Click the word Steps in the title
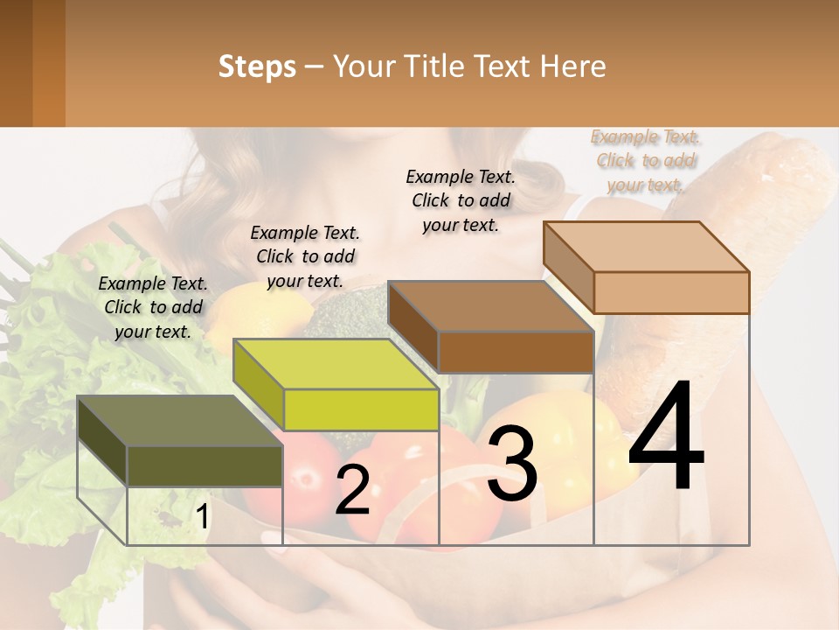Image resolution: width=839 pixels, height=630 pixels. click(257, 66)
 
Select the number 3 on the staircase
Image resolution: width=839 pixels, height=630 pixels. click(512, 465)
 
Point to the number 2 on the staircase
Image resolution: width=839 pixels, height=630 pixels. click(352, 491)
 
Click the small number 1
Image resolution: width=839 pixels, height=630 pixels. click(202, 517)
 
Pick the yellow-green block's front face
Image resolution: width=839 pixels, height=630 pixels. click(361, 409)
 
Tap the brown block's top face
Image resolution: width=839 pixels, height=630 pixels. click(489, 306)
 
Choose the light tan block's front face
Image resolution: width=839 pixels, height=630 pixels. click(671, 292)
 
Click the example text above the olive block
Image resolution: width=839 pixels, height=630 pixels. click(153, 307)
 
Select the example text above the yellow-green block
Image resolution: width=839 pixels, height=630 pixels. click(305, 256)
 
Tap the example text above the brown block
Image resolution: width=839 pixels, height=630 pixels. click(461, 200)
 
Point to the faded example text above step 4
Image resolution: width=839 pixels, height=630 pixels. click(646, 160)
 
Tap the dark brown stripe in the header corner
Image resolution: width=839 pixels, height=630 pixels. click(16, 63)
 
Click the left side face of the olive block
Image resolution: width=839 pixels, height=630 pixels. click(102, 443)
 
